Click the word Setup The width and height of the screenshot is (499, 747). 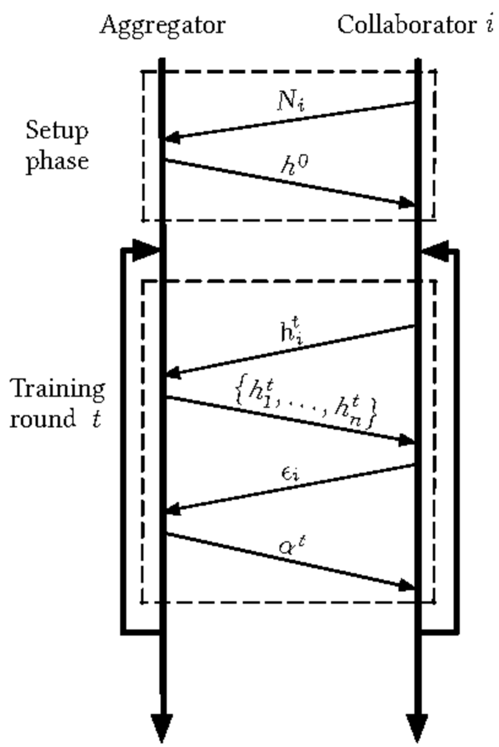(x=57, y=130)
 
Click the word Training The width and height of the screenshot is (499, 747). (x=58, y=388)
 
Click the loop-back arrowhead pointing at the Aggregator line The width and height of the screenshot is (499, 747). (x=147, y=250)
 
